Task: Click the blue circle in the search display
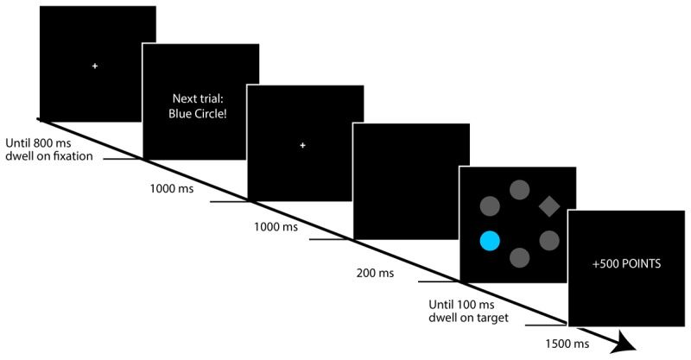[491, 241]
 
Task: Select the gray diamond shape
[548, 205]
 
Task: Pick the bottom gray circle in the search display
[519, 256]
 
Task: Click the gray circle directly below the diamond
[548, 240]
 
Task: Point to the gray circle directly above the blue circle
[490, 206]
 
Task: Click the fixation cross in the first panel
[95, 66]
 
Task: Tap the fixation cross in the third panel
[302, 145]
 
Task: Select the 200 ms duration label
[374, 274]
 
